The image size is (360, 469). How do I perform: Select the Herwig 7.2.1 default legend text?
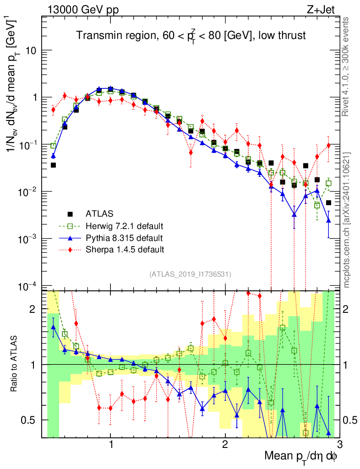[x=125, y=226]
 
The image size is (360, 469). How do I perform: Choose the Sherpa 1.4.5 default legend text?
[x=125, y=250]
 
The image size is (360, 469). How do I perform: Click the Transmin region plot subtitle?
[x=191, y=35]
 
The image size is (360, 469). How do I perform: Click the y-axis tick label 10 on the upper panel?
[x=31, y=50]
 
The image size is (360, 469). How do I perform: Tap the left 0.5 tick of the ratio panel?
[x=31, y=420]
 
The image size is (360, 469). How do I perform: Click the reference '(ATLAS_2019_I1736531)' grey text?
[x=190, y=274]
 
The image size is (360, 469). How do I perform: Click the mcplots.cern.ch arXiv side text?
[x=347, y=220]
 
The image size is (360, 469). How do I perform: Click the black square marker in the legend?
[x=71, y=213]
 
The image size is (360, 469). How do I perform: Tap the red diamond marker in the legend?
[x=71, y=250]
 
